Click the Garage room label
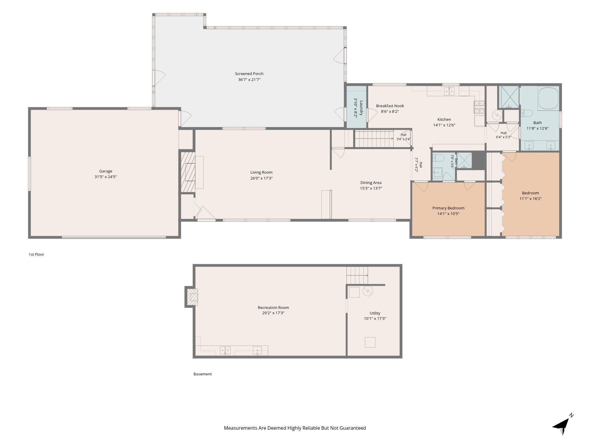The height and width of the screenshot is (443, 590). pyautogui.click(x=106, y=171)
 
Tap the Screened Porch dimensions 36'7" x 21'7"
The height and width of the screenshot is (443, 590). pyautogui.click(x=249, y=79)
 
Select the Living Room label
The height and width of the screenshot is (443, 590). pyautogui.click(x=261, y=172)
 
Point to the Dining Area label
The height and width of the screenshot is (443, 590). pyautogui.click(x=371, y=183)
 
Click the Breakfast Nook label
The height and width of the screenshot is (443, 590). pyautogui.click(x=390, y=106)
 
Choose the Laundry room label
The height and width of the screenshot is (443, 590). pyautogui.click(x=361, y=108)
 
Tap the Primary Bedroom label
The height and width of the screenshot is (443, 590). pyautogui.click(x=448, y=208)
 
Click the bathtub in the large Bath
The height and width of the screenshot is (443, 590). pyautogui.click(x=548, y=98)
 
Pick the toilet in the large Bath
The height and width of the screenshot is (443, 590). pyautogui.click(x=526, y=113)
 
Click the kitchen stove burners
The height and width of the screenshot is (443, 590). pyautogui.click(x=479, y=107)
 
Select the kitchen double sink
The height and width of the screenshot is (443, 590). pyautogui.click(x=450, y=91)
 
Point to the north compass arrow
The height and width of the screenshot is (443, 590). pyautogui.click(x=563, y=425)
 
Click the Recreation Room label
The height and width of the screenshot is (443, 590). pyautogui.click(x=273, y=307)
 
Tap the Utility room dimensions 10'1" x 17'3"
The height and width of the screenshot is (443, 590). pyautogui.click(x=375, y=319)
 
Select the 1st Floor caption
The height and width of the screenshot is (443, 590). pyautogui.click(x=36, y=254)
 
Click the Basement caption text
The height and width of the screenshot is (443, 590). pyautogui.click(x=203, y=374)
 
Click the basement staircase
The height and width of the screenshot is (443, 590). pyautogui.click(x=357, y=275)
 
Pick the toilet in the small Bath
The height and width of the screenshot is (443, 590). pyautogui.click(x=438, y=158)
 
